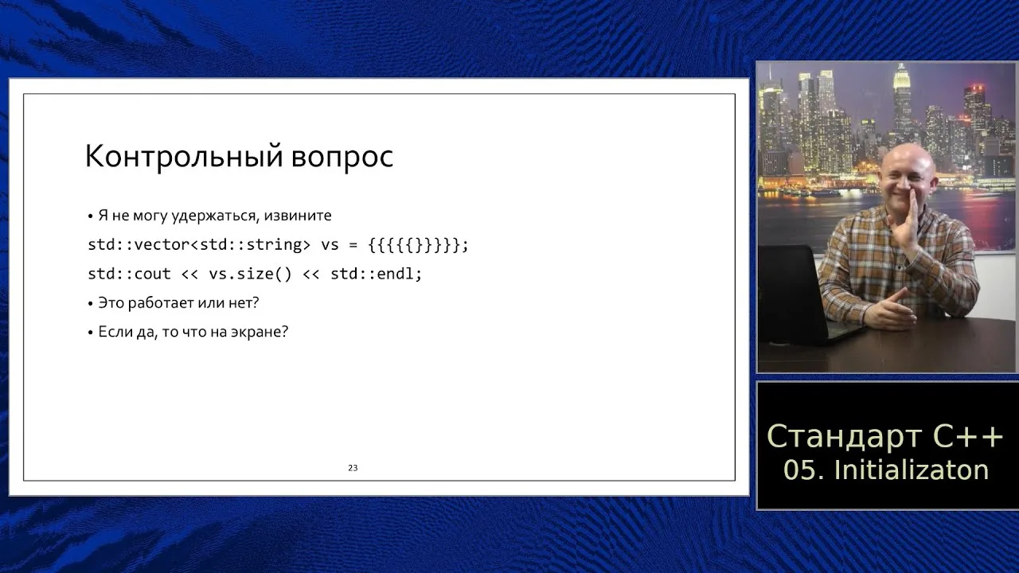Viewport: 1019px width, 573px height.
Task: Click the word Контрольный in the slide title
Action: [183, 157]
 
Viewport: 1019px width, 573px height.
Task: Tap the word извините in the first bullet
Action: [298, 215]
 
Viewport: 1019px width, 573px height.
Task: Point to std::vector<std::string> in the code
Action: [199, 244]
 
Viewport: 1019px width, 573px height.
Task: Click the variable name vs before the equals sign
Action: [330, 245]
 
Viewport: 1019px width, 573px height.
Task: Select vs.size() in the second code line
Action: [250, 274]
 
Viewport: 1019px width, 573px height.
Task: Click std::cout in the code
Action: [129, 274]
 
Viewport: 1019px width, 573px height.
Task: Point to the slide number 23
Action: [353, 468]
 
